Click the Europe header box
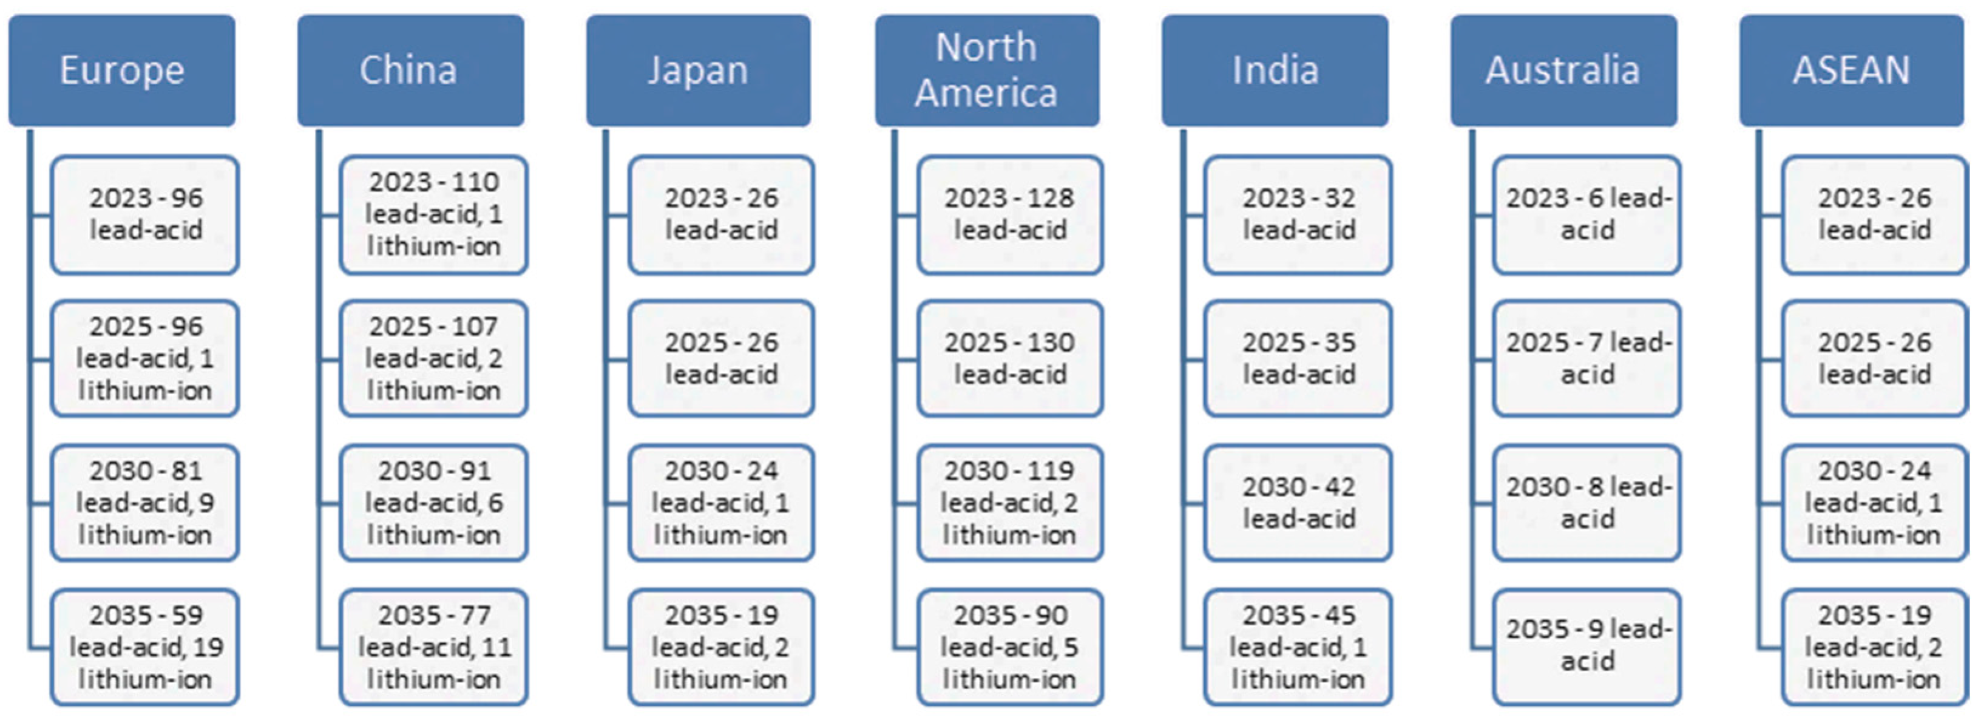(122, 70)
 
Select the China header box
(411, 70)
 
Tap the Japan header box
(698, 70)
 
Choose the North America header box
(987, 70)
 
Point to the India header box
(1275, 70)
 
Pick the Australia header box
(1563, 70)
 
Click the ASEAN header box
(1851, 70)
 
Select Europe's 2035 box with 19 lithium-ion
(145, 647)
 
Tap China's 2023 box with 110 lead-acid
(434, 214)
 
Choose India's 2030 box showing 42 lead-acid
(1298, 503)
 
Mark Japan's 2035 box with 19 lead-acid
(721, 647)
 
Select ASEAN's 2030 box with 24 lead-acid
(1874, 503)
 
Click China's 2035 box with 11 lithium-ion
(434, 647)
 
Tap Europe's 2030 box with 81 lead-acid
(145, 503)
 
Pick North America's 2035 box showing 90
(1010, 647)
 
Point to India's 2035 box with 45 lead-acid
(1298, 647)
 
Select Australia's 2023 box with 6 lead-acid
(1587, 214)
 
